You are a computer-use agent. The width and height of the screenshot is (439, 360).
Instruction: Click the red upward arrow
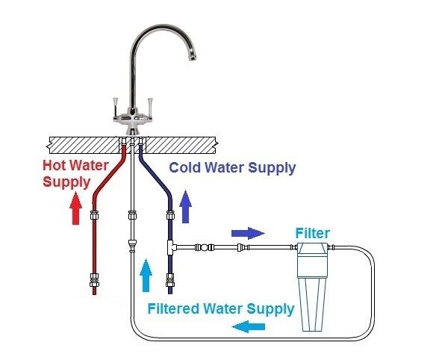click(75, 208)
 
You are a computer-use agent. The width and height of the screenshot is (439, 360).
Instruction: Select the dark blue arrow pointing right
click(248, 233)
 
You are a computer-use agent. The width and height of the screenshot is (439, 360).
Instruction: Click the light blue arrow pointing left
click(249, 326)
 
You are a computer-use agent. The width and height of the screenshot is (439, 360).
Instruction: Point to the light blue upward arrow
click(146, 275)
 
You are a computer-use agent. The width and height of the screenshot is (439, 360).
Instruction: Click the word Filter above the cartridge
click(313, 233)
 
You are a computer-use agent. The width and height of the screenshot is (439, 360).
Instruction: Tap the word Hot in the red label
click(55, 165)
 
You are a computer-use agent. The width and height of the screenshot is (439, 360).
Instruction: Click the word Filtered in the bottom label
click(173, 308)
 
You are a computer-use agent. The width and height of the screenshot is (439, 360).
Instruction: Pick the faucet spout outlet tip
click(193, 58)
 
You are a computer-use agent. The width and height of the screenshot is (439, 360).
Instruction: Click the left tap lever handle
click(115, 107)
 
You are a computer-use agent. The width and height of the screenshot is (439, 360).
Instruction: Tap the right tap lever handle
click(150, 107)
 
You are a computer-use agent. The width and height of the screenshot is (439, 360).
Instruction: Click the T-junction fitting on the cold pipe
click(172, 247)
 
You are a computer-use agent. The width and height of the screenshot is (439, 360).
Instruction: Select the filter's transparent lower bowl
click(311, 304)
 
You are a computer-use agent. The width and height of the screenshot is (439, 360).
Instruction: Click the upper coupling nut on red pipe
click(94, 215)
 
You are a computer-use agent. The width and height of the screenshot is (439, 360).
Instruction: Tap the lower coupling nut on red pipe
click(94, 280)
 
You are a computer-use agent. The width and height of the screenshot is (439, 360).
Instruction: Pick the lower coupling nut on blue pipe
click(170, 280)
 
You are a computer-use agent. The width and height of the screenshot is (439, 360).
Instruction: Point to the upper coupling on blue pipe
click(170, 215)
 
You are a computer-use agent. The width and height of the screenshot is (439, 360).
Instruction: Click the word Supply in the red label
click(66, 182)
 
